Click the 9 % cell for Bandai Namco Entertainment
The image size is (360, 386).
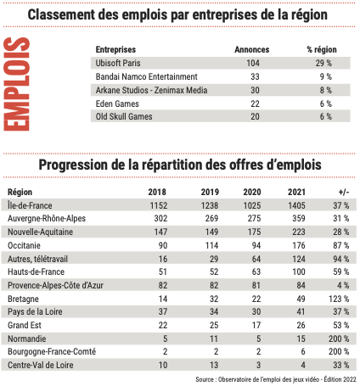pyautogui.click(x=323, y=76)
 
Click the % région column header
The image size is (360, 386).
pyautogui.click(x=322, y=49)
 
